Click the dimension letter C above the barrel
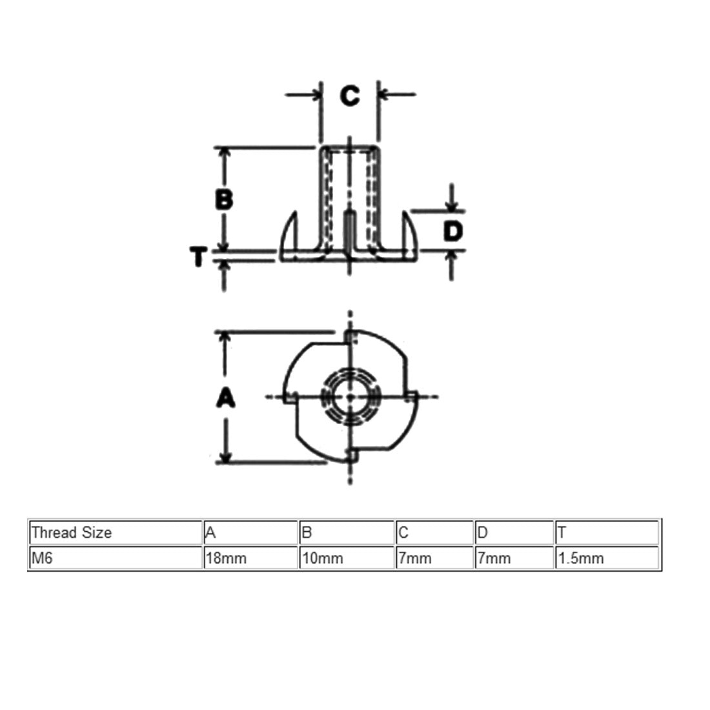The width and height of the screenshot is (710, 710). coord(350,96)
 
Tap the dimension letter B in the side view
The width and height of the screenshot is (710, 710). coord(224,199)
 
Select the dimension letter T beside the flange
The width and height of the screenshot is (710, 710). coord(198,257)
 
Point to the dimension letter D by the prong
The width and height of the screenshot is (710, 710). coord(453,231)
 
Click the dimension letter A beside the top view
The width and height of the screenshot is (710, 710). coord(225,398)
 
